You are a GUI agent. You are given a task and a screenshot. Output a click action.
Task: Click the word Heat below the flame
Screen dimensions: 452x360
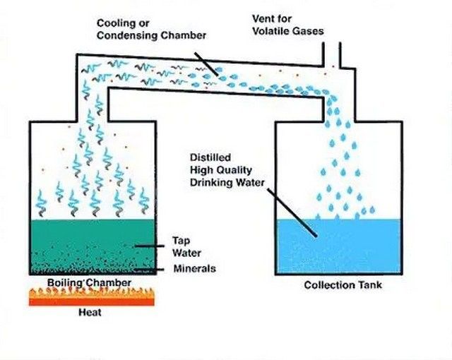click(x=90, y=312)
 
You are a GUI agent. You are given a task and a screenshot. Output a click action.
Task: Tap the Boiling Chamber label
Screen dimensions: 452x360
click(x=89, y=282)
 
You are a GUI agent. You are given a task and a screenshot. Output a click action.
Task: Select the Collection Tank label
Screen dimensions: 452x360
click(x=343, y=285)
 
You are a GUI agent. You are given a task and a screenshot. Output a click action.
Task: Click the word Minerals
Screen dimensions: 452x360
click(x=195, y=269)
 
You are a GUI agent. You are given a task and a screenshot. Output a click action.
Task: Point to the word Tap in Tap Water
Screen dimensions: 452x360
click(x=181, y=241)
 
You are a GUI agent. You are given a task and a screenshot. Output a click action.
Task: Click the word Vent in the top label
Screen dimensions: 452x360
click(x=263, y=18)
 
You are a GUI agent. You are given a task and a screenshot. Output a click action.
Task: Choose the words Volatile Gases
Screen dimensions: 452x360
click(x=288, y=31)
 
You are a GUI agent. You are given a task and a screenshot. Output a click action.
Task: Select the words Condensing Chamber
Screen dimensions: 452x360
click(x=151, y=36)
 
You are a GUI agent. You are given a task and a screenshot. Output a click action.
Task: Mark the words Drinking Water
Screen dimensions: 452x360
click(x=227, y=183)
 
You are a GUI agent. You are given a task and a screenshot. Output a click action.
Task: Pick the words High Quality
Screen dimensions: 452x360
click(x=221, y=170)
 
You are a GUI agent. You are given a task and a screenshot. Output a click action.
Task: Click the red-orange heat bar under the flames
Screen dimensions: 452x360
click(x=92, y=302)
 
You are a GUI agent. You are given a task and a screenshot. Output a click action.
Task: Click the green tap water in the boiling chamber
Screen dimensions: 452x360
click(x=93, y=245)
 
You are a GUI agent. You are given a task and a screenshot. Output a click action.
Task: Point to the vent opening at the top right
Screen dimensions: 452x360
click(x=332, y=55)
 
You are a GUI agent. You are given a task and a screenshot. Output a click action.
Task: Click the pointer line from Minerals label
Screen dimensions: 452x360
click(x=149, y=270)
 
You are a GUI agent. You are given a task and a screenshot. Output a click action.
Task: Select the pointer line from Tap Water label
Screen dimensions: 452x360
click(x=150, y=246)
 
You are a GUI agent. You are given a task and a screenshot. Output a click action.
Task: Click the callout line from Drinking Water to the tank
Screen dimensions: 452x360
click(x=292, y=212)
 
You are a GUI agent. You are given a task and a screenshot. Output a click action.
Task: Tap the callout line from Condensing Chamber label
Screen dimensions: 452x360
click(x=206, y=64)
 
